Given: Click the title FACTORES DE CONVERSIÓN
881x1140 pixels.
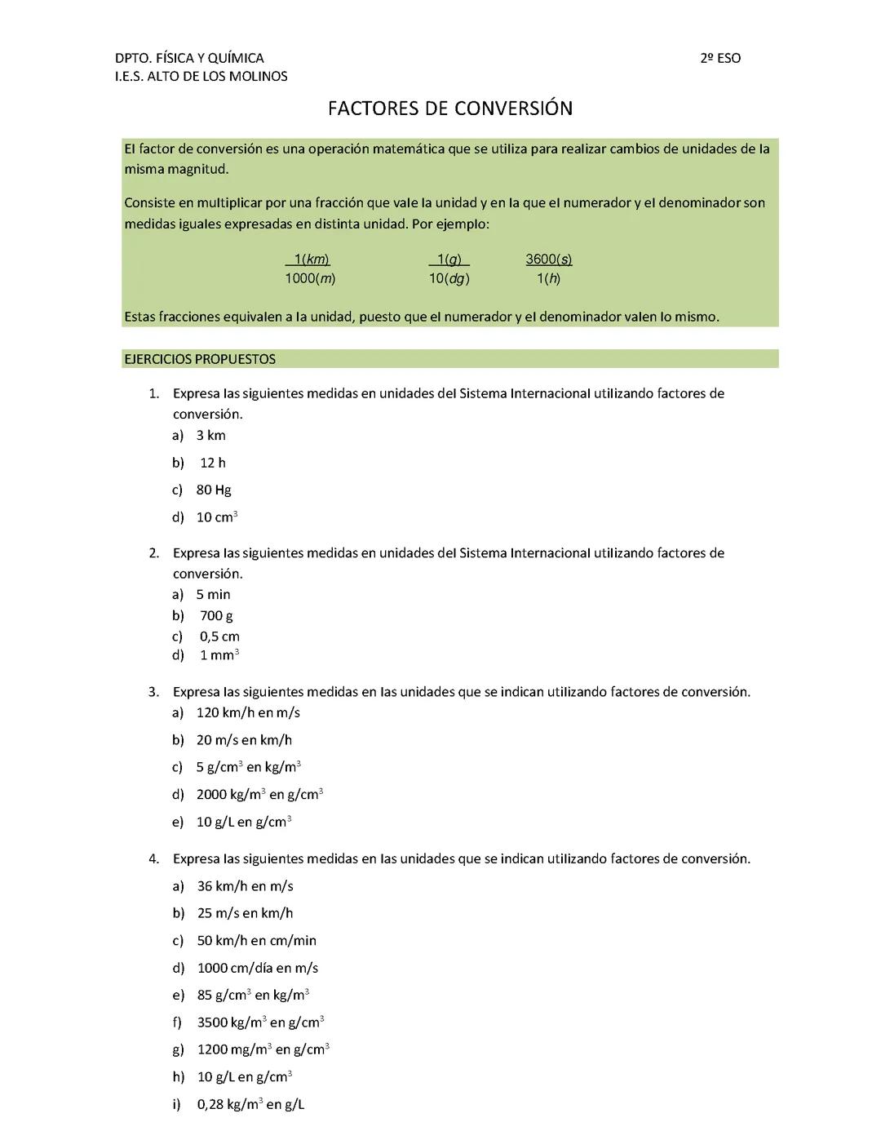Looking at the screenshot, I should (449, 109).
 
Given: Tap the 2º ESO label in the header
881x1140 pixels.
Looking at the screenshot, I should (720, 58).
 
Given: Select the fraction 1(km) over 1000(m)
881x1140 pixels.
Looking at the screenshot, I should (310, 268).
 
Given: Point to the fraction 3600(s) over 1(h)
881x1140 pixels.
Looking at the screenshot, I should (548, 268).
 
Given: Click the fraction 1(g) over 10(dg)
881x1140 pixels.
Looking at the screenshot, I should (449, 268).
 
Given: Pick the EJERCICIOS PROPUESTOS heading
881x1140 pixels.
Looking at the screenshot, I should (200, 359).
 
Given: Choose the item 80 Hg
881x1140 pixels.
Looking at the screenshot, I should (213, 490).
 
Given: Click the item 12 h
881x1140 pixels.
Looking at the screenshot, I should (212, 463).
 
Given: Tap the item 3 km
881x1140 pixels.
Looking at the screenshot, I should (210, 435).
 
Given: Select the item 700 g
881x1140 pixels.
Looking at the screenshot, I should (216, 615).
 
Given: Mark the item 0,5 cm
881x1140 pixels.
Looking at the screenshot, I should (219, 636).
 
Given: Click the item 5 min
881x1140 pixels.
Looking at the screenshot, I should (213, 594).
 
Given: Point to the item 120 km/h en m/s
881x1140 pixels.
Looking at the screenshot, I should (248, 712).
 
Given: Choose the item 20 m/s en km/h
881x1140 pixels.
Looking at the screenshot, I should (244, 739).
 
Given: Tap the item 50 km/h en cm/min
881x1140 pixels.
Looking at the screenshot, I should (256, 940).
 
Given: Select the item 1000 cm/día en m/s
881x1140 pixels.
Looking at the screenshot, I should (257, 968).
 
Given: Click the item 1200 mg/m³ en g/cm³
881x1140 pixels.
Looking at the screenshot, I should (263, 1049).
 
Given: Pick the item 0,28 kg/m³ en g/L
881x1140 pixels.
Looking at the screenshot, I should (250, 1104).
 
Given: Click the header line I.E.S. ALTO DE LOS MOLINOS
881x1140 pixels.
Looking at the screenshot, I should (201, 76).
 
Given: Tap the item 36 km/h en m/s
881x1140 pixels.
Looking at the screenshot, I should (245, 885).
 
